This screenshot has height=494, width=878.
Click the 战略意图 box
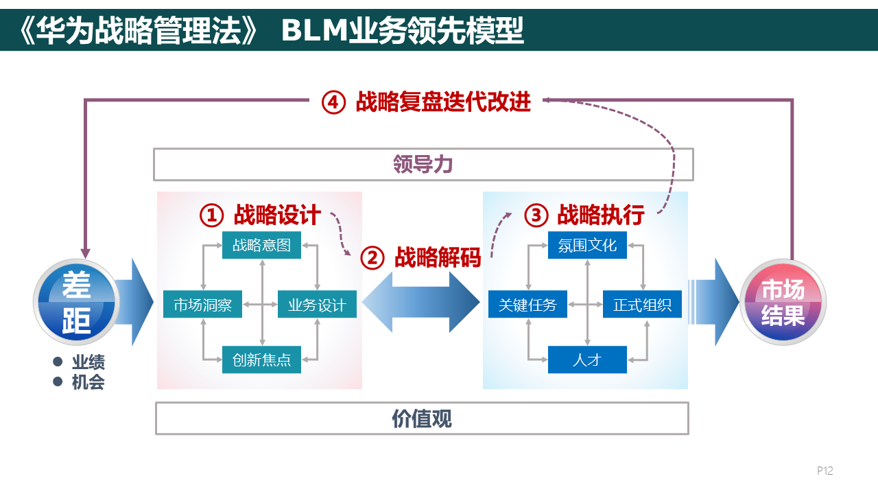(261, 245)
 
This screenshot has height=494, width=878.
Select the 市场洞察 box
(202, 305)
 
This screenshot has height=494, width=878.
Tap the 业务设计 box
(317, 305)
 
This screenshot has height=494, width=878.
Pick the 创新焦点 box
(261, 360)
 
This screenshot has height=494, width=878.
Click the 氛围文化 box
(587, 245)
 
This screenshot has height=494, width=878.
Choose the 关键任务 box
(527, 305)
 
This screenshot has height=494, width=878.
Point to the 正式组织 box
(642, 305)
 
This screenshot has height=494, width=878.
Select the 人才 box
(587, 360)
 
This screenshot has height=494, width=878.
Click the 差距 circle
(76, 303)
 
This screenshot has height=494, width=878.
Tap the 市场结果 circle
(783, 303)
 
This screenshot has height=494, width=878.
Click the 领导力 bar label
(423, 165)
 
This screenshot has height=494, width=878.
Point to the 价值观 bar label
(422, 419)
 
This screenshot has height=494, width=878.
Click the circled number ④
(333, 102)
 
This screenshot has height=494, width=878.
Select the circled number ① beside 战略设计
(211, 215)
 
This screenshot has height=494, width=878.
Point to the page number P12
(824, 471)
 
